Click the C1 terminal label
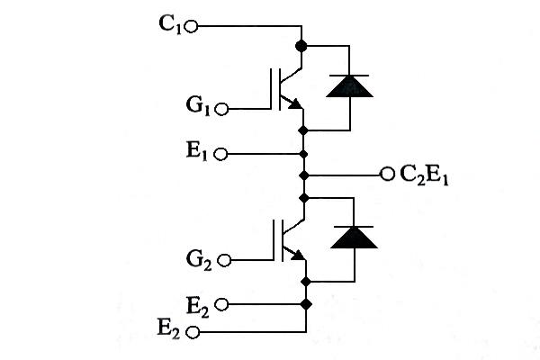(x=170, y=26)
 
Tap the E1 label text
(x=199, y=153)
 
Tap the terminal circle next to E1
(x=221, y=154)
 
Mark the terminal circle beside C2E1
(x=387, y=173)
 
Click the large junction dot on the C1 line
(x=301, y=44)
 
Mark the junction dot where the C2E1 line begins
(x=305, y=173)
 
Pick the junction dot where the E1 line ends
(x=305, y=153)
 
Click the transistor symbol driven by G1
(x=288, y=87)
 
